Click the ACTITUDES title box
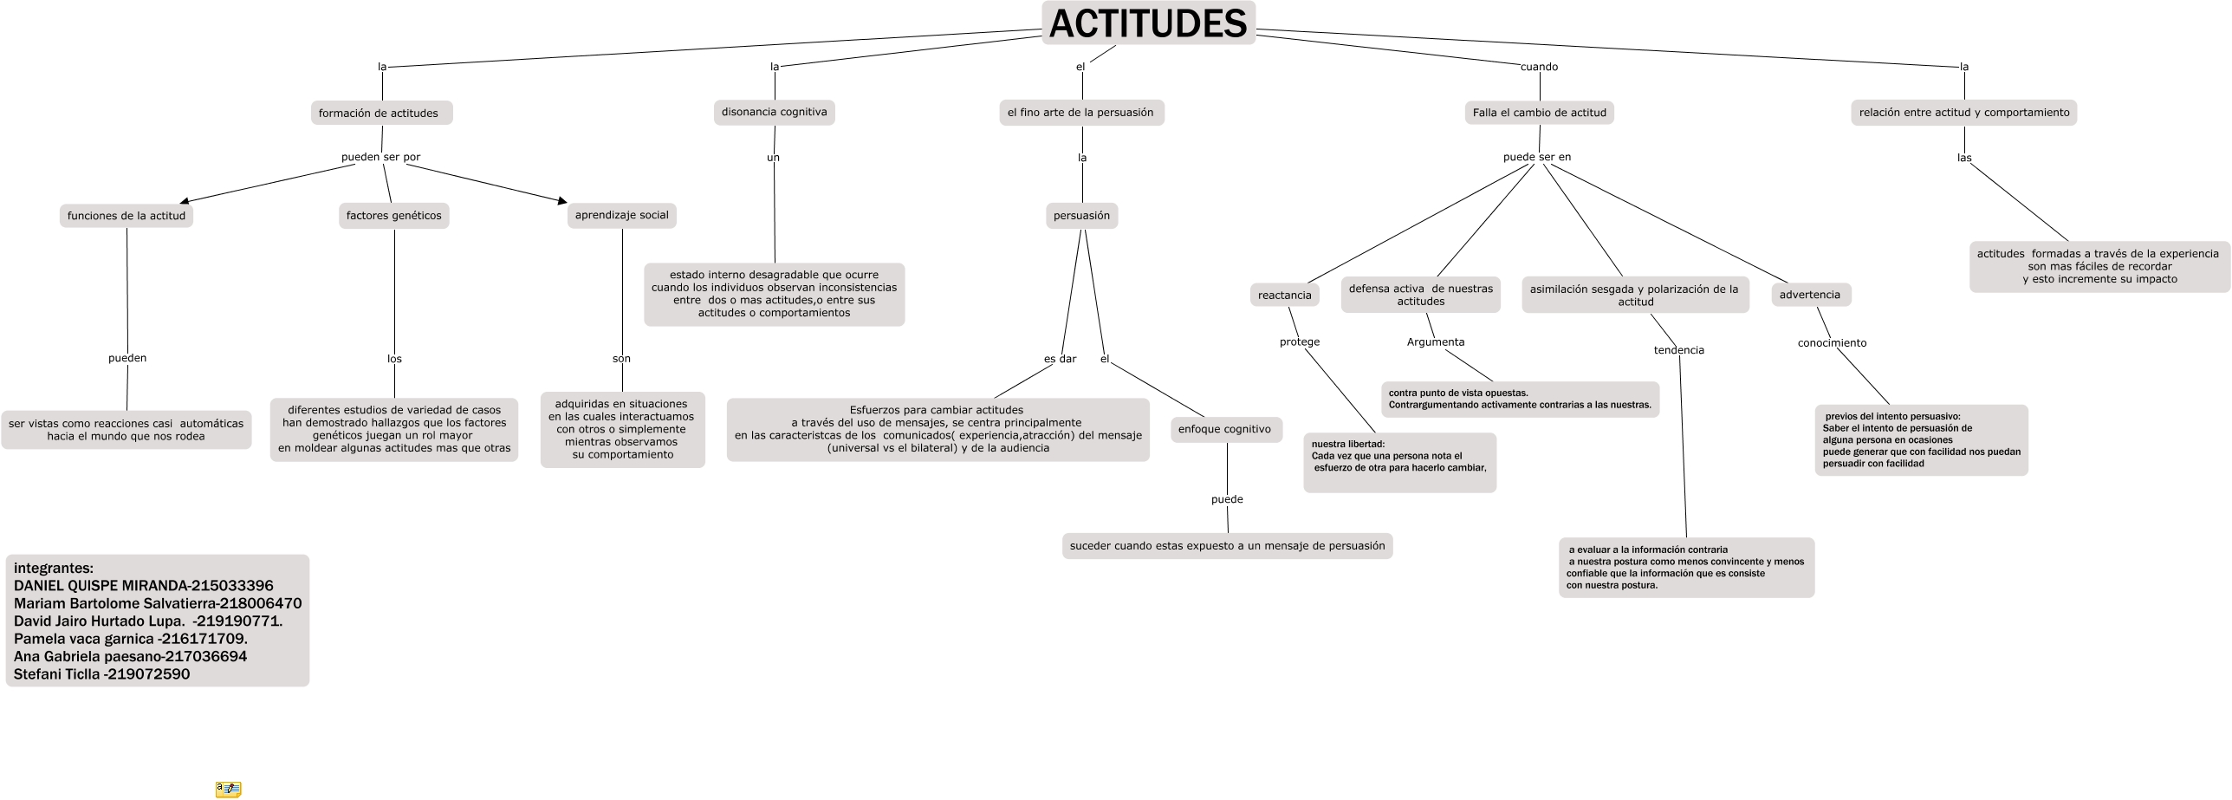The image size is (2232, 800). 1147,23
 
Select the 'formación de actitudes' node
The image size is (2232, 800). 381,114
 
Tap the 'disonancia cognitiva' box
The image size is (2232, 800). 774,112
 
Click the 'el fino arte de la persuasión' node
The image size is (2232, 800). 1080,113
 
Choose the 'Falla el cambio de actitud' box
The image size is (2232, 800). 1539,113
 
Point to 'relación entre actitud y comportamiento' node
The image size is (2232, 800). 1963,113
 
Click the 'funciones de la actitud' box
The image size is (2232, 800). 127,216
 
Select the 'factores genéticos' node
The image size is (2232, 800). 393,216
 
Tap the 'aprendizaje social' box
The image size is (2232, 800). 621,215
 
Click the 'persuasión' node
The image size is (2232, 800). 1081,216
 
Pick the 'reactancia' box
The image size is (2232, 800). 1284,296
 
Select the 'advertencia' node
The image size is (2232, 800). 1809,295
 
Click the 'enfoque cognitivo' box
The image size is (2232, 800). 1224,429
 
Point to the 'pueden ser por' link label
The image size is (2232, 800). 380,157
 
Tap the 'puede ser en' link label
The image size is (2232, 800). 1536,157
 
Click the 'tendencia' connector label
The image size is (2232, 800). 1678,350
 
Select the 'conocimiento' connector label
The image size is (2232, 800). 1832,343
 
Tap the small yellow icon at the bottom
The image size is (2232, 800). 228,789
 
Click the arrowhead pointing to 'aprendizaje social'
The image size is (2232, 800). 562,202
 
